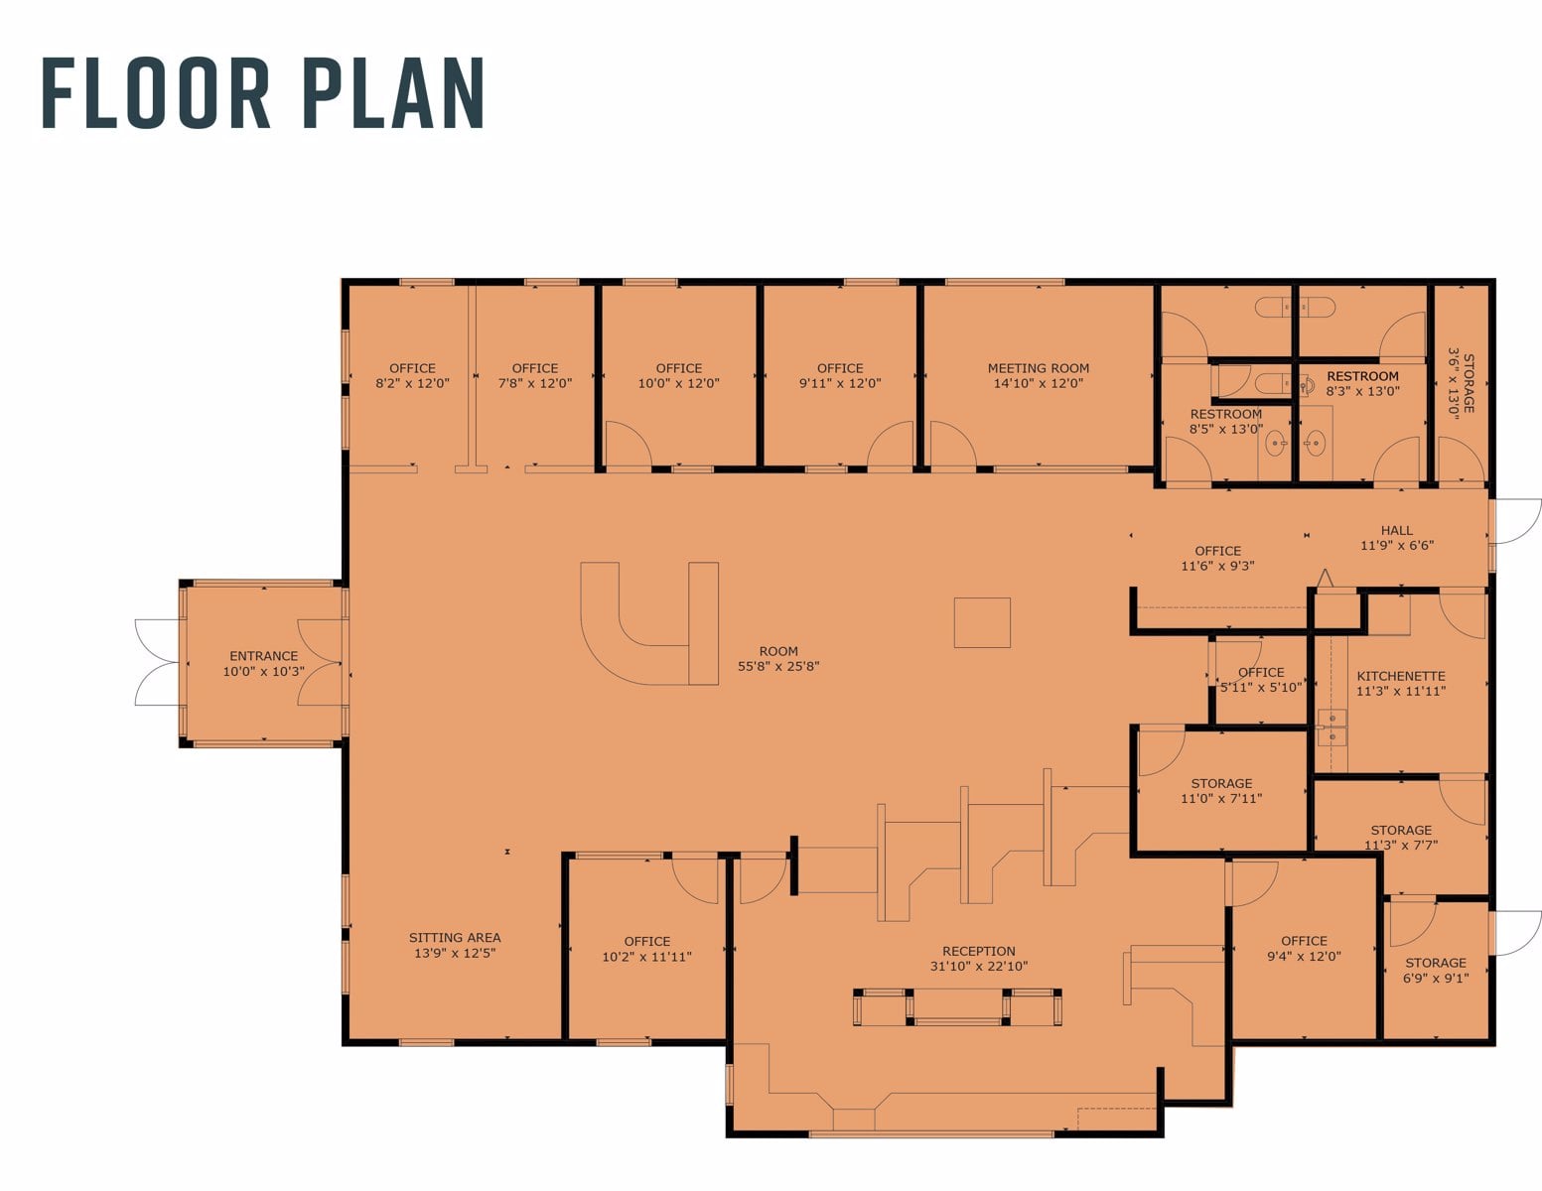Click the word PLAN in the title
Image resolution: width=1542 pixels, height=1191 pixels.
tap(394, 93)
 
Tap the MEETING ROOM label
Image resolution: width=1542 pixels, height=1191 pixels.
tap(1039, 368)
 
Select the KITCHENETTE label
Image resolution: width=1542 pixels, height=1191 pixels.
tap(1401, 676)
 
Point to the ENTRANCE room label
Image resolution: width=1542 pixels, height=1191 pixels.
tap(263, 656)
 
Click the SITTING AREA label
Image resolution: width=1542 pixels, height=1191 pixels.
tap(455, 938)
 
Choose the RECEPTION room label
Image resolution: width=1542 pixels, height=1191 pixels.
tap(979, 951)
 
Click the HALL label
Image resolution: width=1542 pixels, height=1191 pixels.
tap(1396, 531)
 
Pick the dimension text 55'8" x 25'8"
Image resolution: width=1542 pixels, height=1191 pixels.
tap(778, 667)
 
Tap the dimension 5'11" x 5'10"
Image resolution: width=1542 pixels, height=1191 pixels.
tap(1261, 688)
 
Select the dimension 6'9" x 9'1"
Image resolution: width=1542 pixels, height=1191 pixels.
tap(1436, 979)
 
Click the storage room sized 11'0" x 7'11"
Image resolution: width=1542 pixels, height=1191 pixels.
tap(1221, 791)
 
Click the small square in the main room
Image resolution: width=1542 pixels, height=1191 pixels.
tap(982, 623)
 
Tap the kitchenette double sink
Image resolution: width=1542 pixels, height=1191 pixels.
tap(1332, 728)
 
